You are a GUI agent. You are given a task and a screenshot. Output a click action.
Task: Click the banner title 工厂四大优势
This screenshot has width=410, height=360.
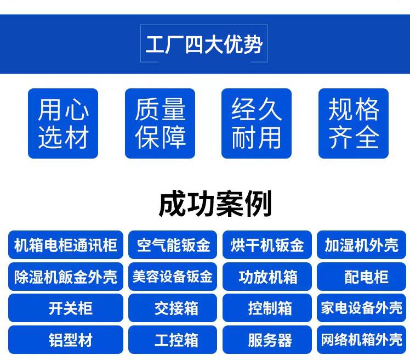tap(204, 44)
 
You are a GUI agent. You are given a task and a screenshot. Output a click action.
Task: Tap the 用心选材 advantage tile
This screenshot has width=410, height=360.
tap(63, 123)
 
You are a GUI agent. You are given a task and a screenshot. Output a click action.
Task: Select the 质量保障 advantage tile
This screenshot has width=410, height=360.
tap(160, 123)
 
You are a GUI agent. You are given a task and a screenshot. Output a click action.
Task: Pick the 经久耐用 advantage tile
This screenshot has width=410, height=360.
tap(257, 123)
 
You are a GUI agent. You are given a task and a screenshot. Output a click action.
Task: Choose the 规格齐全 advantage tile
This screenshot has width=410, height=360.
tap(354, 123)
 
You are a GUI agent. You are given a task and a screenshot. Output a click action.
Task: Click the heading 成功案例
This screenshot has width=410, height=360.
tap(215, 204)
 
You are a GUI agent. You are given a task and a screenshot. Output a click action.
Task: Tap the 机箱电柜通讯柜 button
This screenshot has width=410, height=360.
tap(66, 245)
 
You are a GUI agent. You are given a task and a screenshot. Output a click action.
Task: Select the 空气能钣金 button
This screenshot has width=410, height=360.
tap(173, 245)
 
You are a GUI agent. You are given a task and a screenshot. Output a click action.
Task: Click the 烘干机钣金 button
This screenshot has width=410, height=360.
tap(267, 245)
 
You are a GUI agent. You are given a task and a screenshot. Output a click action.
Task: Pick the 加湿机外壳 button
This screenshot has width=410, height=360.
tap(361, 245)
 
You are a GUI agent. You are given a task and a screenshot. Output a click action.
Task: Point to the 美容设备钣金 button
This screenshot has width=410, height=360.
tap(173, 277)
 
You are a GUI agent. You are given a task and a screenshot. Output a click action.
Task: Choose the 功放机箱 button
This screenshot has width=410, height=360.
tap(267, 277)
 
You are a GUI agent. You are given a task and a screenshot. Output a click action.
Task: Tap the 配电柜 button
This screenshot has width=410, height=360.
tap(361, 277)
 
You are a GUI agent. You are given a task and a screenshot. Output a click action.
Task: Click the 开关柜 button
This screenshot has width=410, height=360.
tap(66, 308)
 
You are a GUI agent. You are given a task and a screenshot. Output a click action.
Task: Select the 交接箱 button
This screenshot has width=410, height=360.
tap(173, 308)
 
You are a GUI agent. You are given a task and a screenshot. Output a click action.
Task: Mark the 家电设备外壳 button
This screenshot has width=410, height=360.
tap(361, 308)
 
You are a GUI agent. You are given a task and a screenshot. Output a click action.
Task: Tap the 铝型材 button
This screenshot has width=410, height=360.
tap(66, 340)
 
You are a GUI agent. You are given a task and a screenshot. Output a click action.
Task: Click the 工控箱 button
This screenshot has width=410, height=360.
tap(173, 340)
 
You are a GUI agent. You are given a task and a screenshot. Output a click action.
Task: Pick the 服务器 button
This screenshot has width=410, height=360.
tap(267, 340)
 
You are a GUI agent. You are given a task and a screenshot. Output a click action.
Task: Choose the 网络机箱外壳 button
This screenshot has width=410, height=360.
tap(361, 340)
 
